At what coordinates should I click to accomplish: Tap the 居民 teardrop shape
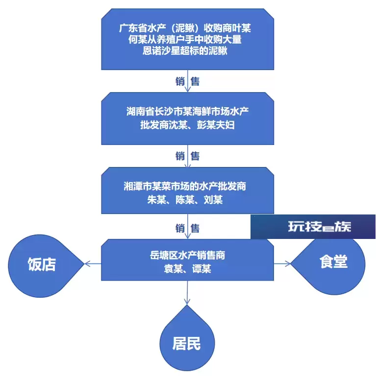[187, 341]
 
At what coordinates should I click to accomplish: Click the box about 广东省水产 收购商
[187, 39]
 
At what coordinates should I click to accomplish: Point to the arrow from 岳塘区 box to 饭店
[93, 263]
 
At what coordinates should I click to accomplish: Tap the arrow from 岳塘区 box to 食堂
[282, 263]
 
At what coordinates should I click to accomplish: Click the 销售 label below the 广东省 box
[187, 81]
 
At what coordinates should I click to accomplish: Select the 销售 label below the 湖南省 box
[187, 156]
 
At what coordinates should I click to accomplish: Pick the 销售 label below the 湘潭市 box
[187, 228]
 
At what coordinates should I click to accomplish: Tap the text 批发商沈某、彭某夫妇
[187, 125]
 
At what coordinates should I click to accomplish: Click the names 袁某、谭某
[187, 268]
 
